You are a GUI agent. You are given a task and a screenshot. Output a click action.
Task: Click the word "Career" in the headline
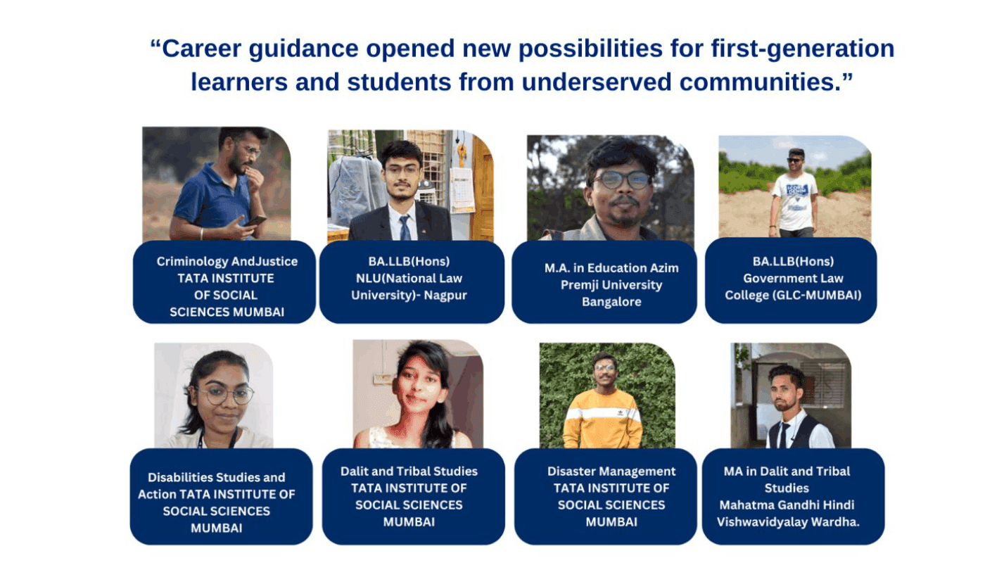202,49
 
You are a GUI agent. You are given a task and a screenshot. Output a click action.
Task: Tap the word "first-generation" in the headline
803,49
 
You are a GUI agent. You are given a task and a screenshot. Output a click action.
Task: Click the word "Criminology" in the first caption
191,262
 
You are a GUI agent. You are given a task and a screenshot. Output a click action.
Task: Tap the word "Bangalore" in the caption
611,302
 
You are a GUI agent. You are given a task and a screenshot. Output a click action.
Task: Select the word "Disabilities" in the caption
180,477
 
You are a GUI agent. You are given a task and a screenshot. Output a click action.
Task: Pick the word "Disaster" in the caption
571,472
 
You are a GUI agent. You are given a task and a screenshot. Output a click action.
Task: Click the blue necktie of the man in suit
405,227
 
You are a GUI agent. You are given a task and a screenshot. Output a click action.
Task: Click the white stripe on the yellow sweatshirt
602,414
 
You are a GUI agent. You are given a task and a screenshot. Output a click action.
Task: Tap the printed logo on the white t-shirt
796,191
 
